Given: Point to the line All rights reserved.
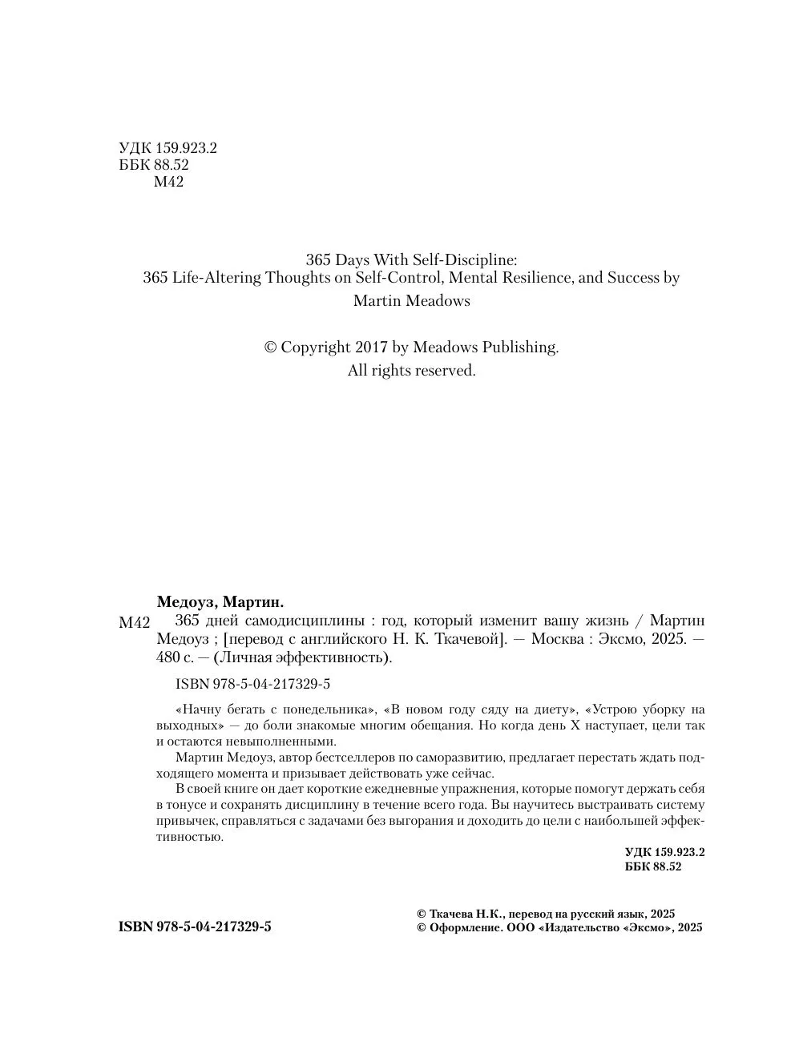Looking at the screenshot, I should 411,371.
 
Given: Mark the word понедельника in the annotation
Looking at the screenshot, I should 330,709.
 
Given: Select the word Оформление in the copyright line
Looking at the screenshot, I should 465,928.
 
